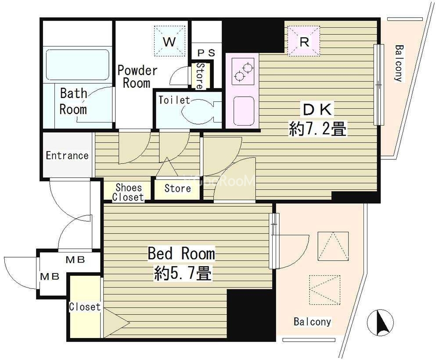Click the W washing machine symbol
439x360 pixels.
(x=169, y=41)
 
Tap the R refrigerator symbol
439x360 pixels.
(x=304, y=41)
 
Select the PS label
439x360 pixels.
(x=206, y=53)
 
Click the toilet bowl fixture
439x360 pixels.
(x=201, y=110)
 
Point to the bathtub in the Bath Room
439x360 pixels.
(x=77, y=65)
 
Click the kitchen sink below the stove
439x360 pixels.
(x=244, y=111)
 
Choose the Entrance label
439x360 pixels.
(x=67, y=155)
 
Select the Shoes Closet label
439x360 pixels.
(x=128, y=192)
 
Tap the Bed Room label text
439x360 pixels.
(x=181, y=253)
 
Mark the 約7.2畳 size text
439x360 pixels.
(x=317, y=130)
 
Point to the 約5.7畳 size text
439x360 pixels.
(x=183, y=274)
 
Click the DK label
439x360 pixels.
(x=317, y=110)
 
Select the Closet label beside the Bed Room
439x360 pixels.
(x=85, y=307)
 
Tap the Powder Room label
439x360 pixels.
(x=137, y=77)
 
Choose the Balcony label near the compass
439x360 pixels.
(x=312, y=322)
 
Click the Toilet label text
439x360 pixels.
(x=174, y=100)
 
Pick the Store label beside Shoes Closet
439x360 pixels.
(x=177, y=188)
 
